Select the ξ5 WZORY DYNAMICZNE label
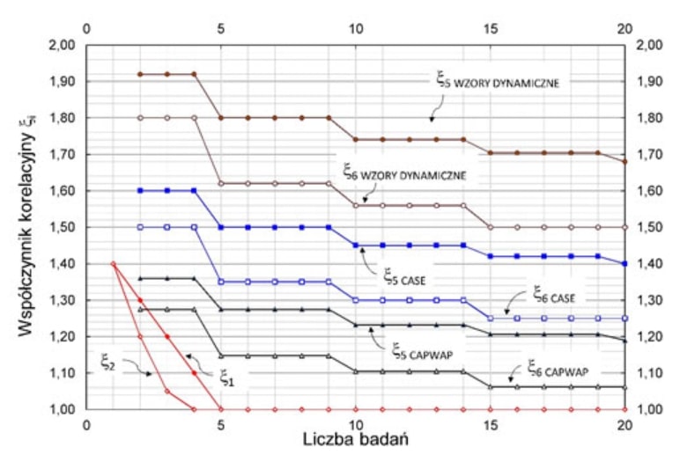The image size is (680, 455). click(x=499, y=82)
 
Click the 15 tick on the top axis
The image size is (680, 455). click(x=490, y=28)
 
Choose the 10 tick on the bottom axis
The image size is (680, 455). click(x=355, y=423)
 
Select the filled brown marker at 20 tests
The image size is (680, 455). click(x=625, y=162)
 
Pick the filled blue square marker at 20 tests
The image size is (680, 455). click(x=625, y=264)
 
